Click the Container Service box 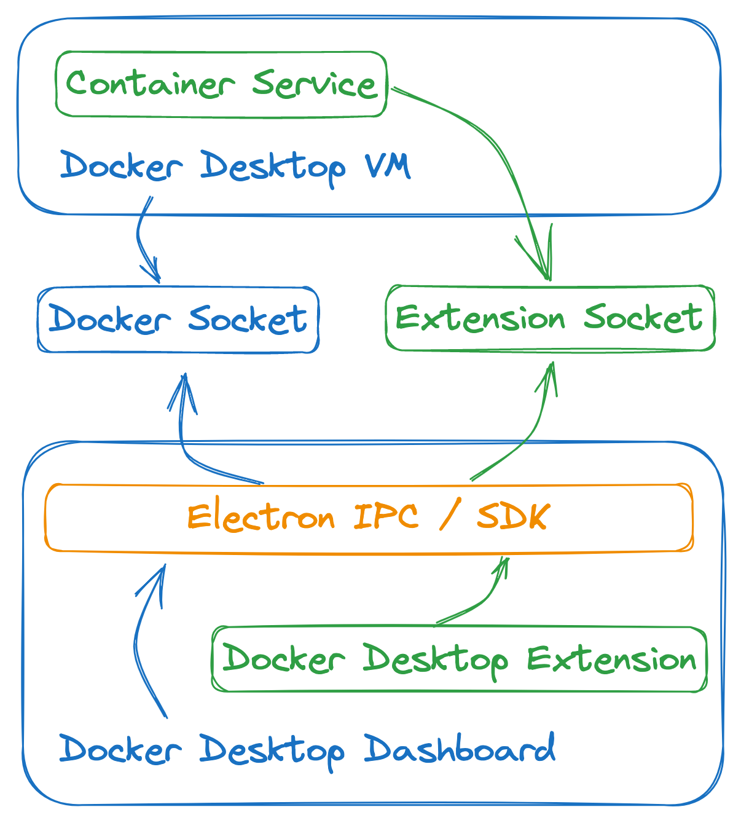(221, 84)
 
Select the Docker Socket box (178, 320)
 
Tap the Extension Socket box (550, 318)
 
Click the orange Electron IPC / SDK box (369, 518)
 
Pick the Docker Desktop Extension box (459, 660)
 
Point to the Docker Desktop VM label (235, 166)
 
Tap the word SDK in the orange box (512, 518)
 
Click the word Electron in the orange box (261, 518)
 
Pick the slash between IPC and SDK (449, 518)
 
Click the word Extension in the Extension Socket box (480, 318)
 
